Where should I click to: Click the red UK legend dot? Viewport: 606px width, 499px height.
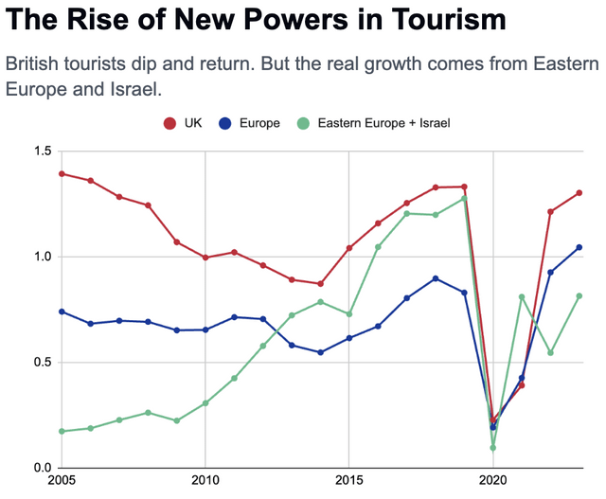pyautogui.click(x=169, y=123)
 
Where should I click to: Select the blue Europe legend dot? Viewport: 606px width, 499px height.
pyautogui.click(x=224, y=123)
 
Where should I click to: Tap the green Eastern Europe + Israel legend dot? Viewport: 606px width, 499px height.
pyautogui.click(x=303, y=123)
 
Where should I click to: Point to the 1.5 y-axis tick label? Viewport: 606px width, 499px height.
pyautogui.click(x=43, y=151)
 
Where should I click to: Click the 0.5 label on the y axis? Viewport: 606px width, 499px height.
pyautogui.click(x=43, y=362)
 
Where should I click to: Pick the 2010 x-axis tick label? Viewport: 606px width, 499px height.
pyautogui.click(x=205, y=480)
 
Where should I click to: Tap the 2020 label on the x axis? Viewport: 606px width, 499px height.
pyautogui.click(x=492, y=480)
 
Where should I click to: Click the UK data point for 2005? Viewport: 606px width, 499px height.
pyautogui.click(x=62, y=174)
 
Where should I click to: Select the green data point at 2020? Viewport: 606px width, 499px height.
pyautogui.click(x=492, y=448)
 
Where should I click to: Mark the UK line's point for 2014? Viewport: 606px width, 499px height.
pyautogui.click(x=320, y=284)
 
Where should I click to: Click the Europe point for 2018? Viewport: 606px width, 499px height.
pyautogui.click(x=436, y=278)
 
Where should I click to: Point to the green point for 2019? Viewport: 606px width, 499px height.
pyautogui.click(x=464, y=199)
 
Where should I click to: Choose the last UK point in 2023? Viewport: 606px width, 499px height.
pyautogui.click(x=579, y=193)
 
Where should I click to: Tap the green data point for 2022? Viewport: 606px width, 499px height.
pyautogui.click(x=550, y=352)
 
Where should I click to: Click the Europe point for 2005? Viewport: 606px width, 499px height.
pyautogui.click(x=62, y=312)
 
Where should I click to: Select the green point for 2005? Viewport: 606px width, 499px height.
pyautogui.click(x=62, y=431)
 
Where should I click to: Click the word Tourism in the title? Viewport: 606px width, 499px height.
pyautogui.click(x=448, y=19)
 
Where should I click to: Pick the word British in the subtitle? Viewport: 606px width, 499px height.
pyautogui.click(x=32, y=63)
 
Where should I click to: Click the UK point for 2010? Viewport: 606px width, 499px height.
pyautogui.click(x=205, y=258)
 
